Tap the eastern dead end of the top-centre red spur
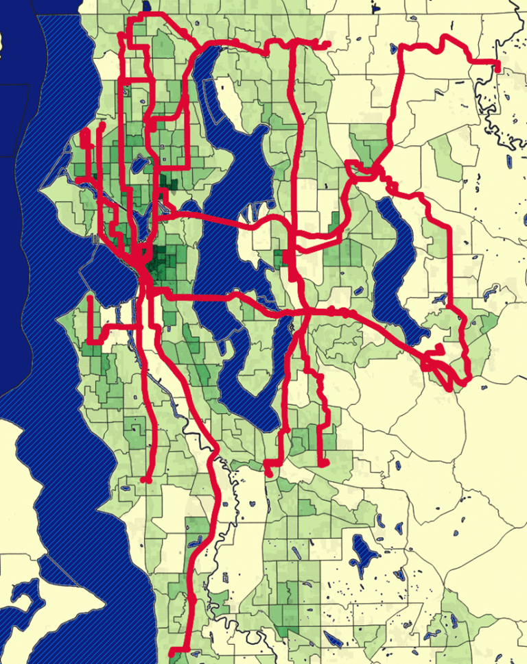328,45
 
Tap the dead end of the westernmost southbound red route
145,480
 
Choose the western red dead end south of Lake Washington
268,472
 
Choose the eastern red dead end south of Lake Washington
321,465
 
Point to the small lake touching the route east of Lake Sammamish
439,299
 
